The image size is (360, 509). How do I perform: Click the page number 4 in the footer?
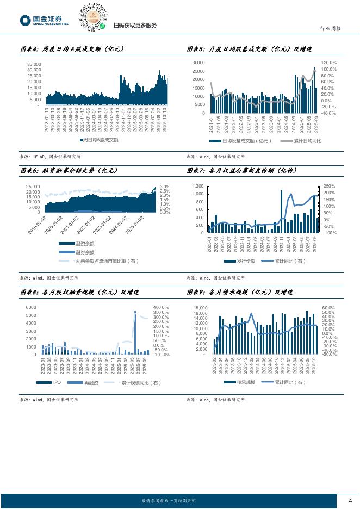350,500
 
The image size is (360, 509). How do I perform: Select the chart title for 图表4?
72,49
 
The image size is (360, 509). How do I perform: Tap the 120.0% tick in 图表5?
329,63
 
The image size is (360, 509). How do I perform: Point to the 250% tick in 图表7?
329,186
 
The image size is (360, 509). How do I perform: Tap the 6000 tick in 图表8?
31,308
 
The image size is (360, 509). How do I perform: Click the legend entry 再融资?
85,383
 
